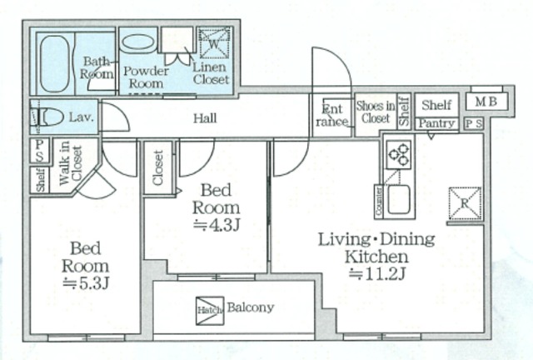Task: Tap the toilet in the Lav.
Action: (47, 117)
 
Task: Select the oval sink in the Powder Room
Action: (138, 43)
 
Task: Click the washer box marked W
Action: (214, 43)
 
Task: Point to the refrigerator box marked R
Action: (465, 203)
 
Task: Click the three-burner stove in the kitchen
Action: (398, 155)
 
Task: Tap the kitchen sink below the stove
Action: (399, 199)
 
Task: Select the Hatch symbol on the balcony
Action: (210, 310)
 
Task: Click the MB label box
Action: (486, 102)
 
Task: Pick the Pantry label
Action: (436, 123)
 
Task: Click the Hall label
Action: (205, 118)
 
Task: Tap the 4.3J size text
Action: (217, 225)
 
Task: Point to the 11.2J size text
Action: (377, 274)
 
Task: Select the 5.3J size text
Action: (86, 283)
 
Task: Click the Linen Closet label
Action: (211, 73)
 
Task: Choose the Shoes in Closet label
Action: (376, 112)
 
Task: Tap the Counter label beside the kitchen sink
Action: (379, 201)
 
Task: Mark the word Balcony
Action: (251, 307)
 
